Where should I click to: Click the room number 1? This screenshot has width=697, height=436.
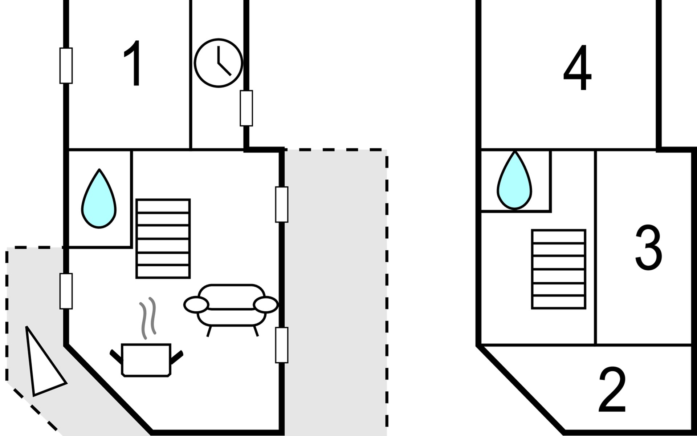click(134, 64)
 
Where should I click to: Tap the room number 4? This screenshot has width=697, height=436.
click(577, 68)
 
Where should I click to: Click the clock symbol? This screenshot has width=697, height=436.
click(218, 62)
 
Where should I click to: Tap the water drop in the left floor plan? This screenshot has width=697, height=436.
click(99, 199)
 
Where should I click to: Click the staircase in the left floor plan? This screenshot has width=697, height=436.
click(163, 238)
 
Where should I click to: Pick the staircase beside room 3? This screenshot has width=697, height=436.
click(559, 269)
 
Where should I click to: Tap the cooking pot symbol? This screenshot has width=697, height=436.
click(146, 359)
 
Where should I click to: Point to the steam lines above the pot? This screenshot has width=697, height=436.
click(148, 317)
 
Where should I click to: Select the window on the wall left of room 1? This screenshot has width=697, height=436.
click(66, 66)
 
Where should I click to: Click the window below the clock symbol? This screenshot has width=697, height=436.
click(246, 108)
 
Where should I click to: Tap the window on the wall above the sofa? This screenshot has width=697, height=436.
click(282, 204)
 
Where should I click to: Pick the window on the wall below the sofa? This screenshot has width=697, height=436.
click(282, 345)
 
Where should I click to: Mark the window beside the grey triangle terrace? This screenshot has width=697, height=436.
click(66, 291)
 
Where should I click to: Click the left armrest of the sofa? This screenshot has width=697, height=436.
click(196, 304)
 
